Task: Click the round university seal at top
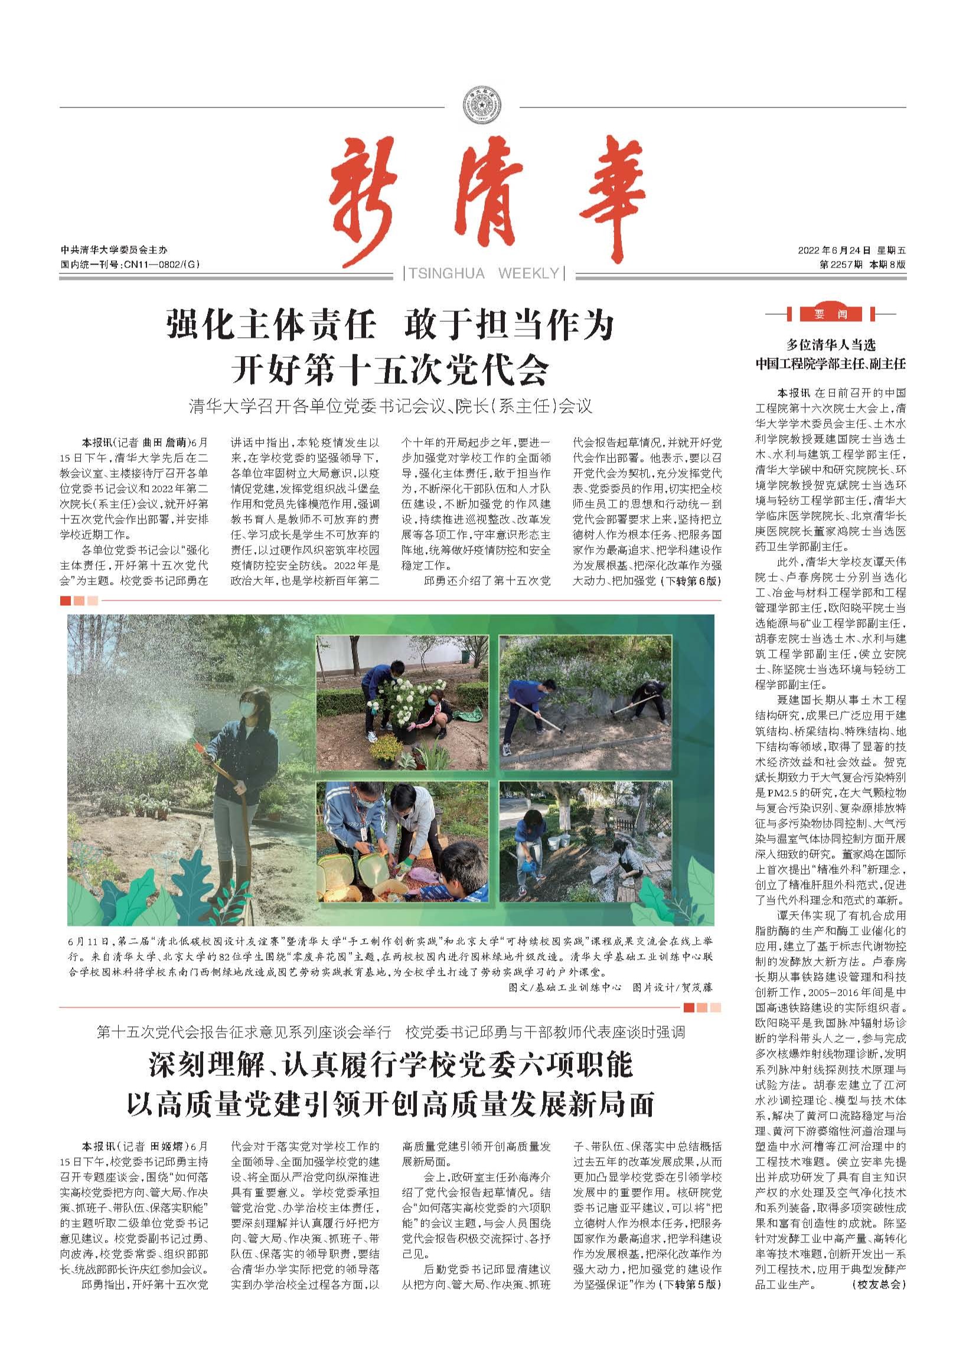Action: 482,107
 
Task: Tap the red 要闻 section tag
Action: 831,314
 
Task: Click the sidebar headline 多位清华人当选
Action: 831,344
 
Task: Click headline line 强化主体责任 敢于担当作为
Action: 390,326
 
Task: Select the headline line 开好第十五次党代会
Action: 390,370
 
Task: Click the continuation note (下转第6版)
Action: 690,581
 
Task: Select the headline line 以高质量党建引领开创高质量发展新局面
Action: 390,1103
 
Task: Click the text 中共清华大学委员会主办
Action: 114,250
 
